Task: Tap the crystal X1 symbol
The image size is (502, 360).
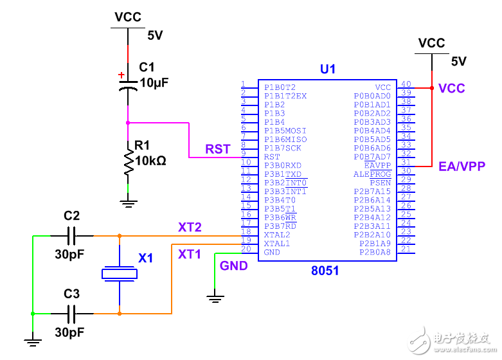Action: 120,274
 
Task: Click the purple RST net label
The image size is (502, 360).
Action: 218,149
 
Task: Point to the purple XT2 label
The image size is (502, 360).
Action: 190,227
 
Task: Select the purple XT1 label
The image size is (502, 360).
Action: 190,255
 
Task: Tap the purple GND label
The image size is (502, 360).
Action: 233,265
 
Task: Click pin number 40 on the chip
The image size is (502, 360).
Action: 406,84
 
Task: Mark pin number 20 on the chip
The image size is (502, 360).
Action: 245,249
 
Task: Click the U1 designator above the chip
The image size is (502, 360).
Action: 328,69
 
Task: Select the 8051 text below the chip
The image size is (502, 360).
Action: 325,271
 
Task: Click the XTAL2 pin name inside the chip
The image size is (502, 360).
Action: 277,235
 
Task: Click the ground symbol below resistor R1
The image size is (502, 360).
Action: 129,203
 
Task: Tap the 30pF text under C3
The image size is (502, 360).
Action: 69,333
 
